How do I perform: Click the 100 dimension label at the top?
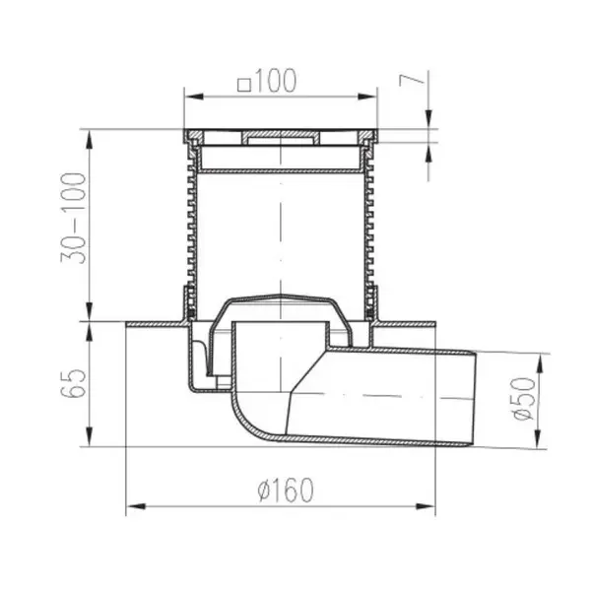point(277,81)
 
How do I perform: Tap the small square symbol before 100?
point(244,85)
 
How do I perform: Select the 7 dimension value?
point(412,80)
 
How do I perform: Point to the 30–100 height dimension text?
point(73,219)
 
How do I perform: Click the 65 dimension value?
point(73,383)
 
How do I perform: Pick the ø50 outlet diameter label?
point(524,399)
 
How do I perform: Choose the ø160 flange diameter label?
point(286,490)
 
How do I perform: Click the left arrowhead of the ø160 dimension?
point(135,506)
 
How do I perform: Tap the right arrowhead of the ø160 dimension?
point(426,506)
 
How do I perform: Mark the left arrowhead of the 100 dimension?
point(194,97)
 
